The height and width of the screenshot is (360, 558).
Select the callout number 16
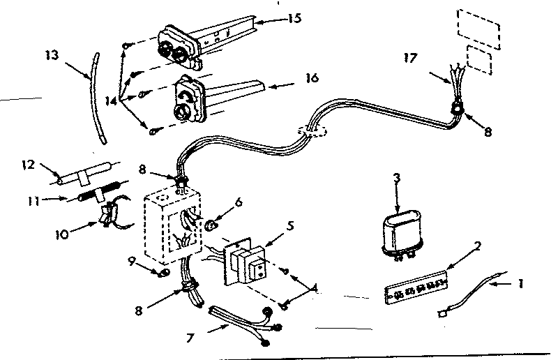pyautogui.click(x=310, y=78)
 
